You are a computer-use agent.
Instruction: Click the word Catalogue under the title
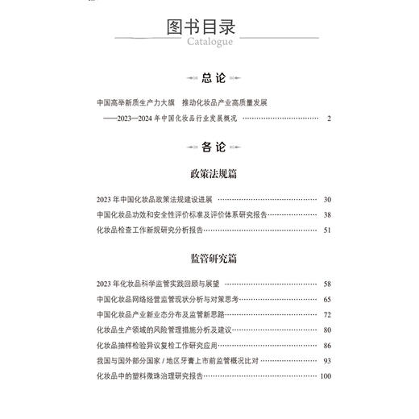[x=209, y=42]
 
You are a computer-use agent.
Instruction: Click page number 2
[x=329, y=119]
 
